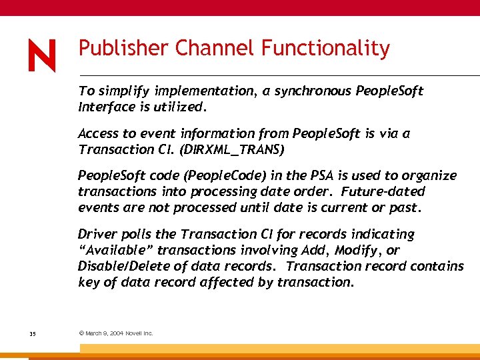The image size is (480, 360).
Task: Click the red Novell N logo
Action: [41, 55]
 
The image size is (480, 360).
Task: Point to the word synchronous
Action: [309, 91]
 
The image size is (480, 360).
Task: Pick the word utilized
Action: [183, 107]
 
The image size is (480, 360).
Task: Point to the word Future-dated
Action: [383, 191]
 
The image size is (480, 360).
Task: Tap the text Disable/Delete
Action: [121, 266]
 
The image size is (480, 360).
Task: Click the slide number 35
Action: [33, 333]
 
